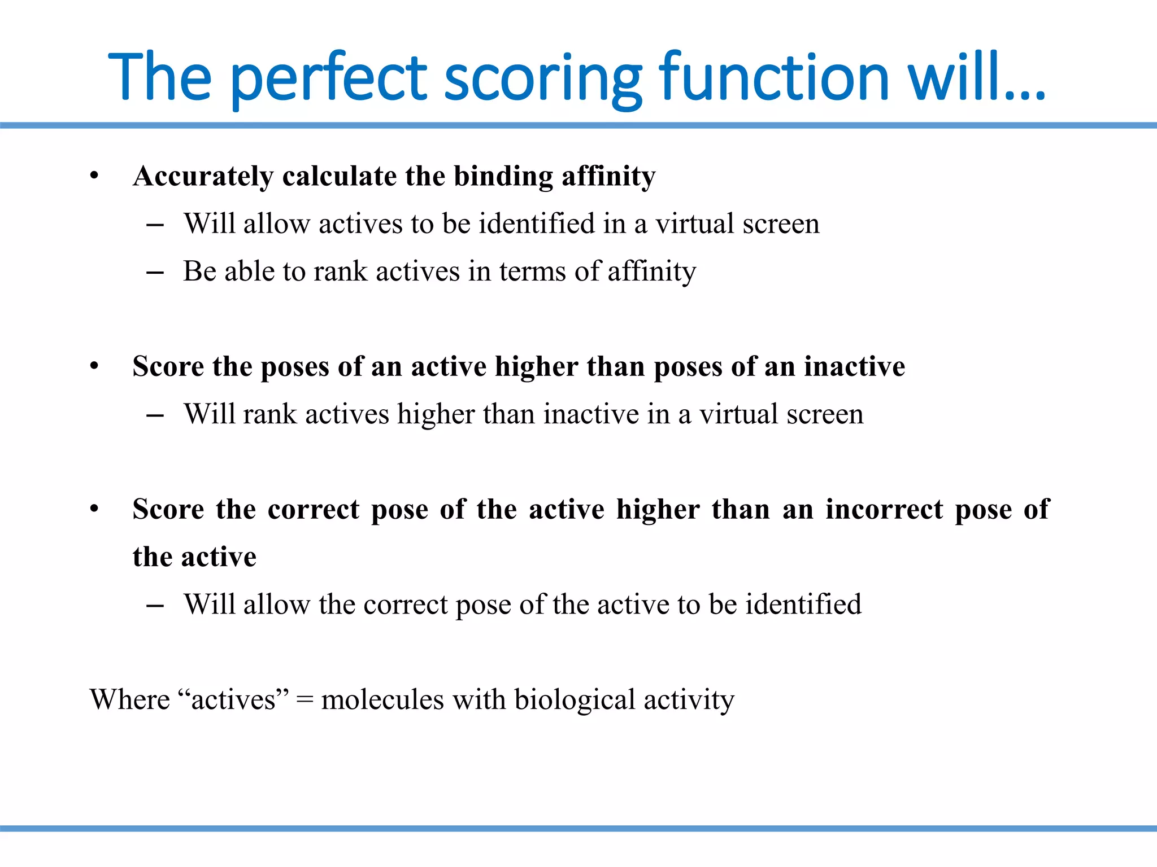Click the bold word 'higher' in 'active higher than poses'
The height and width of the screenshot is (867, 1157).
coord(537,366)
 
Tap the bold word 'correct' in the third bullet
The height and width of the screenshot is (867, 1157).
coord(313,509)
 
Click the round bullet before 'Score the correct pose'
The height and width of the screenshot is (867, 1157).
coord(94,509)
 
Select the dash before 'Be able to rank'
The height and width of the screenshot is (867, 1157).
coord(155,273)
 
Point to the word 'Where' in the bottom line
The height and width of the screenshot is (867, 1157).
coord(129,700)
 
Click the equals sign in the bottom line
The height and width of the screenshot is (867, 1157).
coord(305,700)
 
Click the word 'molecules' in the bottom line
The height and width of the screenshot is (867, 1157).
coord(382,700)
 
